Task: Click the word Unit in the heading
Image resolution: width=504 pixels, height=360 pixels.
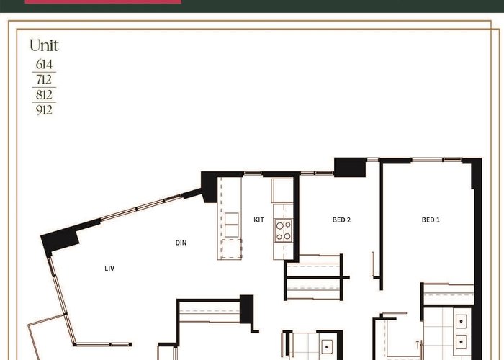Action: [44, 45]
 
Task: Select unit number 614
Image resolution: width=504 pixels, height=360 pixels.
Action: [44, 64]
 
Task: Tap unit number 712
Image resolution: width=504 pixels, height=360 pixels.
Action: [44, 79]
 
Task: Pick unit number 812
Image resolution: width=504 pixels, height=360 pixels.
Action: [44, 95]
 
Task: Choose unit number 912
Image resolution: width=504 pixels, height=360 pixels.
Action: [44, 110]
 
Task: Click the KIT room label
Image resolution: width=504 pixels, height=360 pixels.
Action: [258, 220]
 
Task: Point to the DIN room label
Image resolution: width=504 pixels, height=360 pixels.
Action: [181, 243]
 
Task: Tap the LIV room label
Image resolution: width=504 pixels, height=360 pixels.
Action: [109, 268]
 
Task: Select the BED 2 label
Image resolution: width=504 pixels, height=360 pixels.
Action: [341, 220]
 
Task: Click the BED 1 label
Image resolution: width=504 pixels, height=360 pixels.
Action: [431, 220]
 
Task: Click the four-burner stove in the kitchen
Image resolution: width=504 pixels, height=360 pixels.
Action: [283, 230]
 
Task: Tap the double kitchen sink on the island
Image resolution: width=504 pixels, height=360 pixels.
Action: [231, 225]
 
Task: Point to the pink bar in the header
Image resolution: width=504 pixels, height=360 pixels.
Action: [103, 1]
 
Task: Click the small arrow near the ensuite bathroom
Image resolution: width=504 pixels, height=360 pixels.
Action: [418, 344]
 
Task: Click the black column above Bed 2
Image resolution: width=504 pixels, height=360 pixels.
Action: [350, 167]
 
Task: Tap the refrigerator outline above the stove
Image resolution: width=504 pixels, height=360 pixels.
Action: [282, 191]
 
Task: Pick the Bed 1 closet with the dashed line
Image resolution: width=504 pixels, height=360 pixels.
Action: [449, 294]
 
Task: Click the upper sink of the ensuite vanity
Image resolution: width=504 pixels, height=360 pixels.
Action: [462, 321]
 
